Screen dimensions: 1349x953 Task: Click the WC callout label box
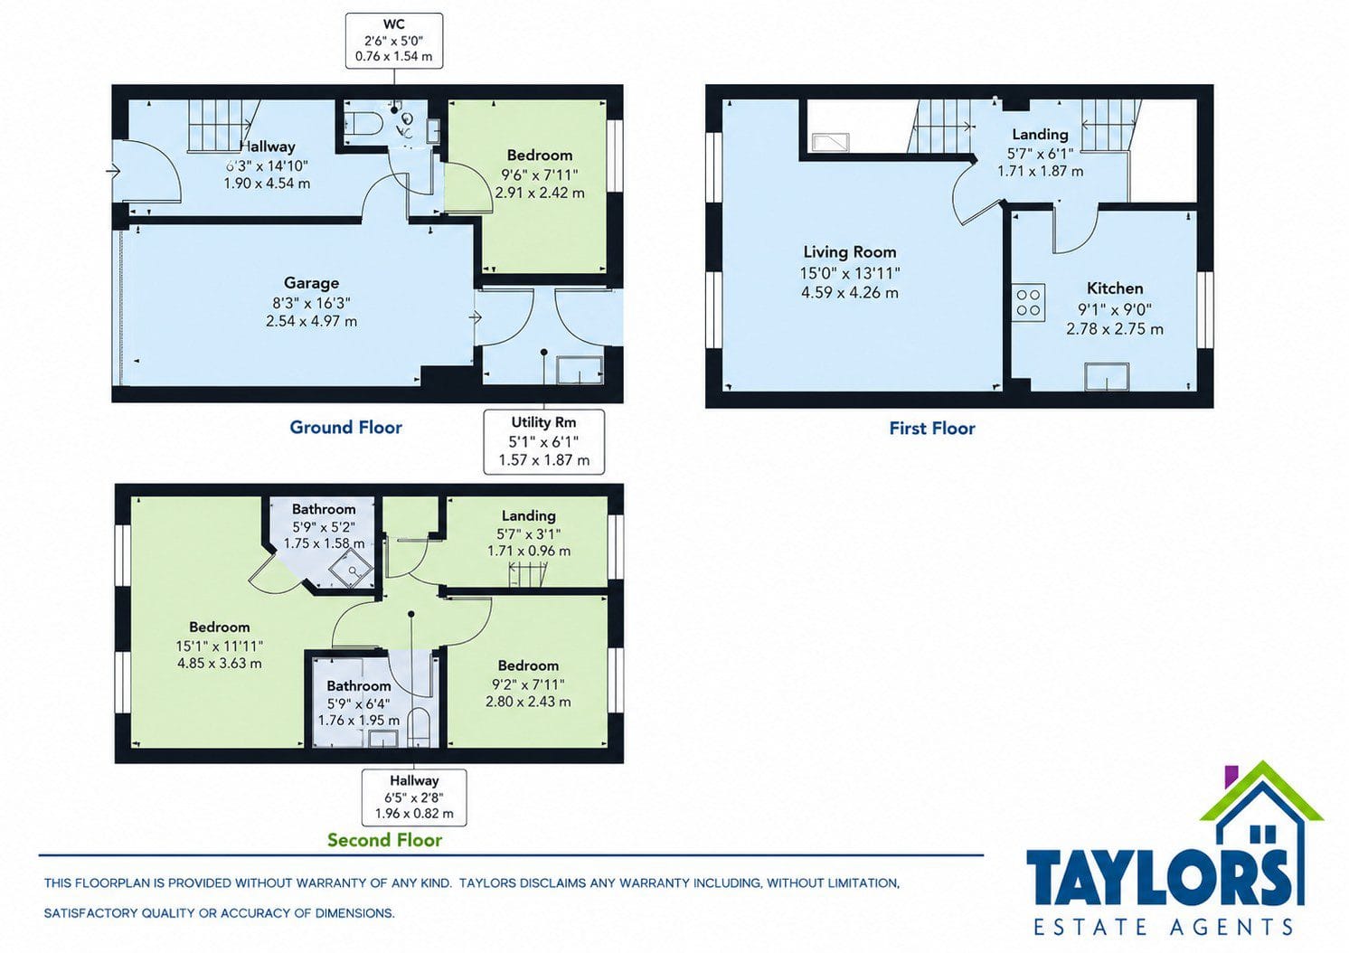tap(394, 41)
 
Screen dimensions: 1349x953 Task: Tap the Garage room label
tap(311, 282)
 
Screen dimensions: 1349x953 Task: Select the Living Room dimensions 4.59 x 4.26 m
tap(850, 293)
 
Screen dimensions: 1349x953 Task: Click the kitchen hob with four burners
tap(1028, 302)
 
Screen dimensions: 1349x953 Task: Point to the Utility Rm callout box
tap(543, 441)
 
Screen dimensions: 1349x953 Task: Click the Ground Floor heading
tap(345, 427)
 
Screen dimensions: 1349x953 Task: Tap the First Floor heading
tap(931, 429)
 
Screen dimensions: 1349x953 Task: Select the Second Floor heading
tap(384, 840)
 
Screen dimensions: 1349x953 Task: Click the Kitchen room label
tap(1115, 288)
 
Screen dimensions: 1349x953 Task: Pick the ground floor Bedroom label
tap(540, 156)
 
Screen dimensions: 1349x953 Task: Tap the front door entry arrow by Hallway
tap(113, 172)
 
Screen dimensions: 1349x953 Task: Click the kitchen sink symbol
tap(1107, 376)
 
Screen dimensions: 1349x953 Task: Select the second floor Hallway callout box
tap(414, 797)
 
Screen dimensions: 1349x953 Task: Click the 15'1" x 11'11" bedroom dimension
tap(219, 646)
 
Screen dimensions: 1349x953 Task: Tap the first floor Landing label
tap(1040, 134)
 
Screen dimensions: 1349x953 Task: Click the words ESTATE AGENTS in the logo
tap(1164, 927)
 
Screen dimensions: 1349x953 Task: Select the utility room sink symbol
tap(579, 370)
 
